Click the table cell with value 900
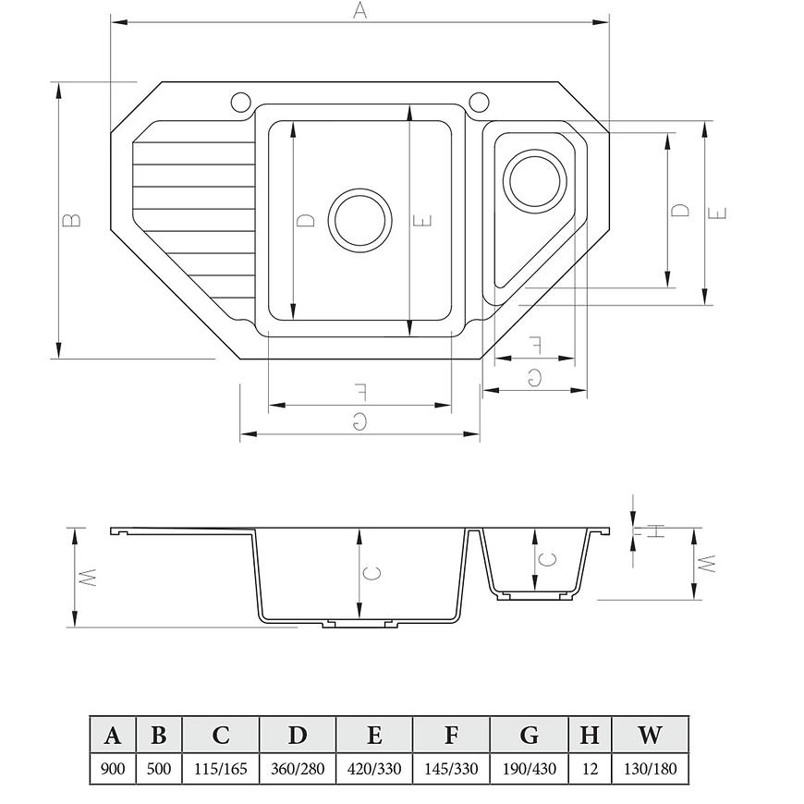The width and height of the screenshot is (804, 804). click(113, 768)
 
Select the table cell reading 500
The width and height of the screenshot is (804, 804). click(158, 768)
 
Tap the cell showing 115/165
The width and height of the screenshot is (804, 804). click(221, 768)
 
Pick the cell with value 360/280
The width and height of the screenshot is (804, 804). click(298, 768)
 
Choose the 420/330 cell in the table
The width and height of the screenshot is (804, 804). click(374, 768)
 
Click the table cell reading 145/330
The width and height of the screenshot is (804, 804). click(451, 768)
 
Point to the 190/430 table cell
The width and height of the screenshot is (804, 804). click(530, 768)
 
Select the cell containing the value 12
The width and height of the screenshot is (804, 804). click(591, 768)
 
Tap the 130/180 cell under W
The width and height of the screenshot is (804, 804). click(651, 768)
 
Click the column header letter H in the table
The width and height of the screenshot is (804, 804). click(590, 735)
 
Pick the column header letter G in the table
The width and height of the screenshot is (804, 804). click(530, 735)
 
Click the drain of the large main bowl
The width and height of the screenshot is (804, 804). click(360, 220)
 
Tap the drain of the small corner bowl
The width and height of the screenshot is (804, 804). click(535, 181)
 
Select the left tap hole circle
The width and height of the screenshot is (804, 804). click(240, 102)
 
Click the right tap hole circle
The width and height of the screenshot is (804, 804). click(480, 102)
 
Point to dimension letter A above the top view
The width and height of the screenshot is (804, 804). click(360, 10)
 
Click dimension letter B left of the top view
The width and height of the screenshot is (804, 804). click(71, 220)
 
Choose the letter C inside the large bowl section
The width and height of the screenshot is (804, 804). click(372, 572)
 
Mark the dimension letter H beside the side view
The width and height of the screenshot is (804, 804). click(655, 530)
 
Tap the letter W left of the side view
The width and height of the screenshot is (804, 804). click(88, 578)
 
